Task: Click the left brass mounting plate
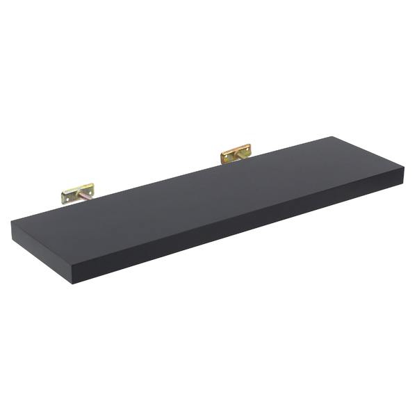(x=77, y=193)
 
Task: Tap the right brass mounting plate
(x=236, y=154)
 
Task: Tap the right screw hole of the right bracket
(x=245, y=149)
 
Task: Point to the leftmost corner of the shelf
(x=12, y=221)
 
